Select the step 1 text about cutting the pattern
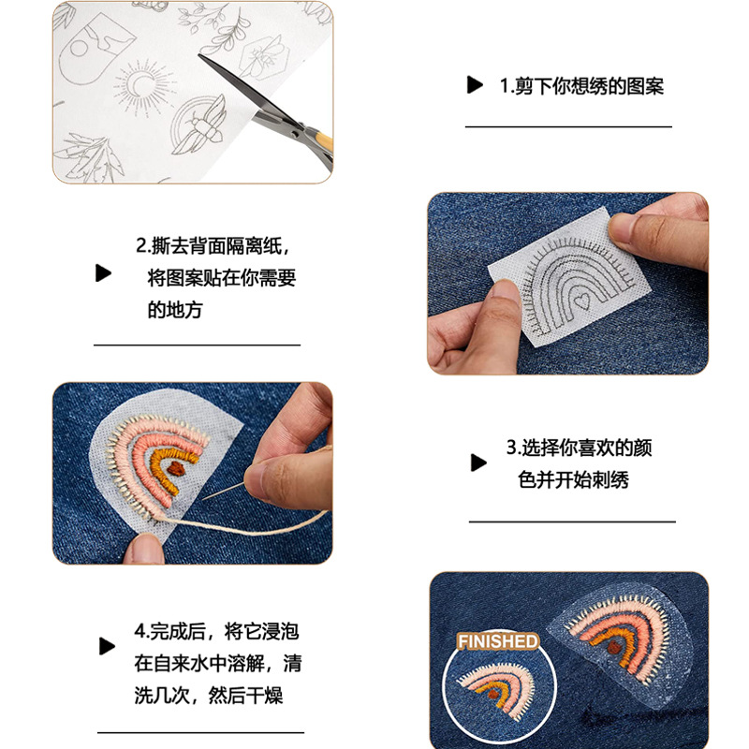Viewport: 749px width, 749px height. tap(580, 86)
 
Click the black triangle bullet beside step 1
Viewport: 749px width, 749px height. tap(475, 86)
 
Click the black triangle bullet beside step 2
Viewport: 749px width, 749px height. tap(103, 273)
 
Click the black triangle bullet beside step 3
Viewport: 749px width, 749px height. tap(478, 462)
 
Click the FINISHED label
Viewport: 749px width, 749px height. tap(498, 641)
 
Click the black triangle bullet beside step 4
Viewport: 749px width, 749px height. tap(108, 646)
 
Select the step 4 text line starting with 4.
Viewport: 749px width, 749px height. tap(216, 631)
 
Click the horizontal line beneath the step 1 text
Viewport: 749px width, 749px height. tap(568, 126)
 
